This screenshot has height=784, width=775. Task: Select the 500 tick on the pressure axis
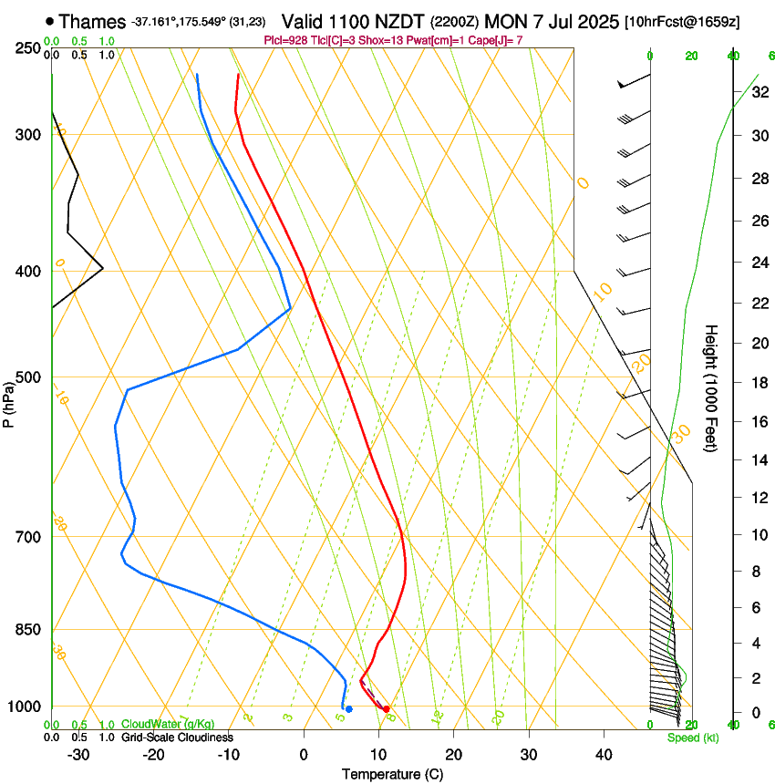click(x=28, y=377)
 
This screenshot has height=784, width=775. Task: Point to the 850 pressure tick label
click(x=28, y=630)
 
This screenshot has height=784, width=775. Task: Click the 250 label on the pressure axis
click(x=28, y=47)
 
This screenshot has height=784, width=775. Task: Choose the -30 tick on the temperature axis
click(x=78, y=754)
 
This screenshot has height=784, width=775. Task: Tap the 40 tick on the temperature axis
click(x=603, y=754)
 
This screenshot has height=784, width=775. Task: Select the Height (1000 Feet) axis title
click(x=712, y=387)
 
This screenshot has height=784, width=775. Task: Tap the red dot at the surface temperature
click(x=387, y=708)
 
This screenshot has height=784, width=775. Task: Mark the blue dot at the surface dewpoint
click(x=348, y=709)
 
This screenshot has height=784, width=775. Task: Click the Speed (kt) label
click(x=692, y=738)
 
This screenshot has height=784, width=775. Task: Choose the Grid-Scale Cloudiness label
click(x=177, y=738)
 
